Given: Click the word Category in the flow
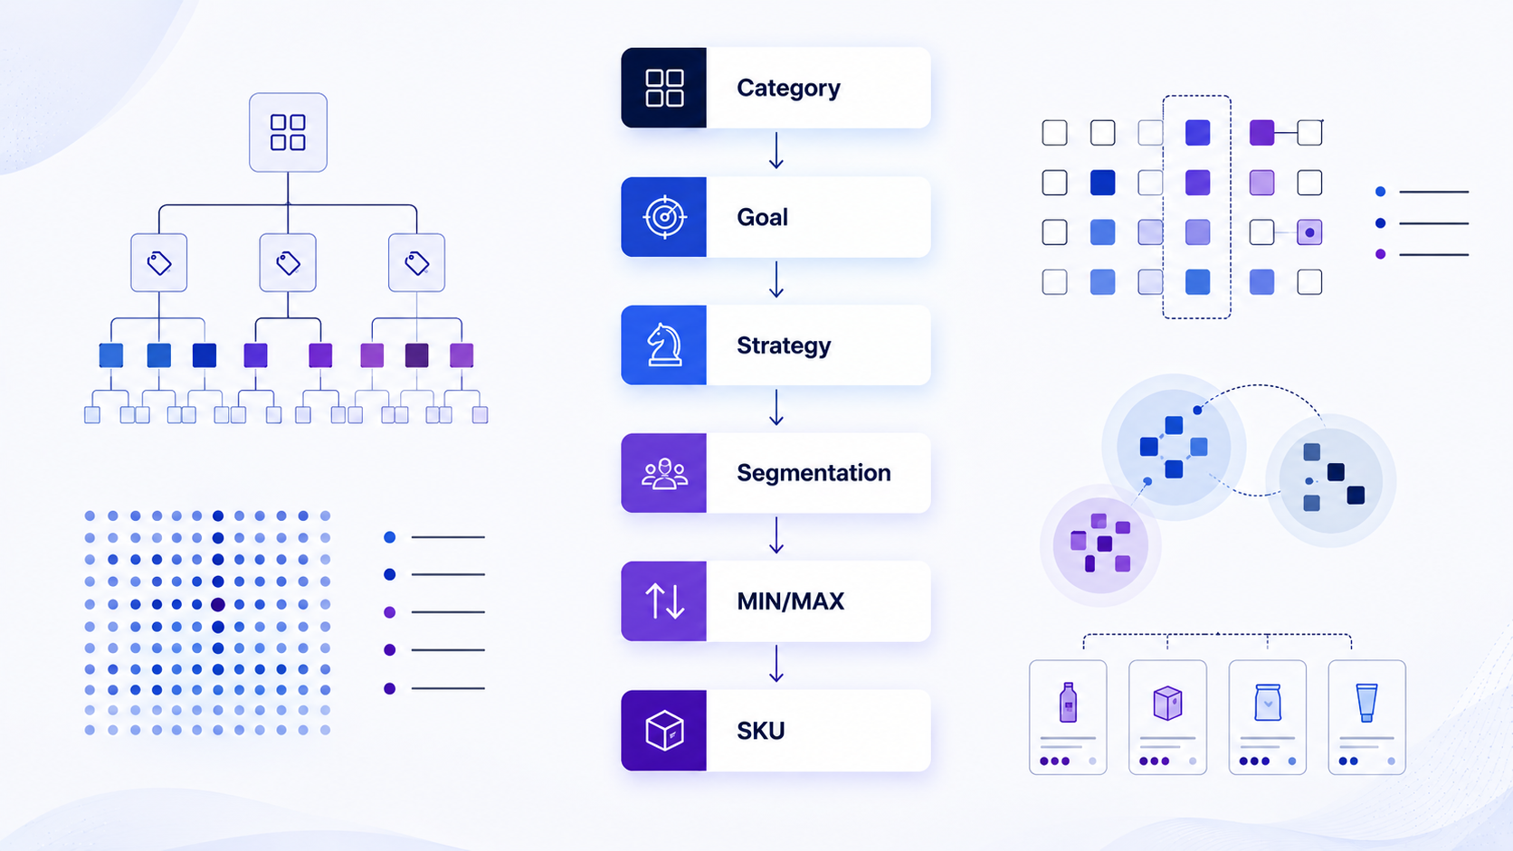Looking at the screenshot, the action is pyautogui.click(x=788, y=89).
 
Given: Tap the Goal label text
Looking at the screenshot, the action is pyautogui.click(x=763, y=217).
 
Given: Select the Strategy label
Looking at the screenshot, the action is pyautogui.click(x=784, y=345).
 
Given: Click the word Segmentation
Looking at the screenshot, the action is pyautogui.click(x=814, y=473).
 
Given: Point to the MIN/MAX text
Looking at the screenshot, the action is pyautogui.click(x=790, y=601).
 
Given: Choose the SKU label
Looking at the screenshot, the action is pyautogui.click(x=760, y=731).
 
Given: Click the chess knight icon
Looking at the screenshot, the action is pyautogui.click(x=664, y=345).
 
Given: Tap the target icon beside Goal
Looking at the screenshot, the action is pyautogui.click(x=664, y=217).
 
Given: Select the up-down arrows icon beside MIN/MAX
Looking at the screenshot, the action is pyautogui.click(x=664, y=601).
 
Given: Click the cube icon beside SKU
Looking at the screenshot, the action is pyautogui.click(x=664, y=730).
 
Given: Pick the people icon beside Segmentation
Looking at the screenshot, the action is pyautogui.click(x=664, y=473).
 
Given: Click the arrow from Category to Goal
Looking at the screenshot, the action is pyautogui.click(x=776, y=150).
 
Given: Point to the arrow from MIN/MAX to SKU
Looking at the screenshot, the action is pyautogui.click(x=776, y=664).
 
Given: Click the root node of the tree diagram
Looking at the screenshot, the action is pyautogui.click(x=289, y=132).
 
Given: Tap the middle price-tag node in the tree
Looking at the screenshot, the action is pyautogui.click(x=288, y=262).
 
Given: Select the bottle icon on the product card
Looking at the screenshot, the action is pyautogui.click(x=1068, y=703).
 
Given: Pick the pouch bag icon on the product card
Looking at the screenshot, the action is pyautogui.click(x=1267, y=703).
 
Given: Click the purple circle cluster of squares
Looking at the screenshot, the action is pyautogui.click(x=1100, y=544).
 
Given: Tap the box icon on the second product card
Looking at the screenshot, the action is pyautogui.click(x=1167, y=703).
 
